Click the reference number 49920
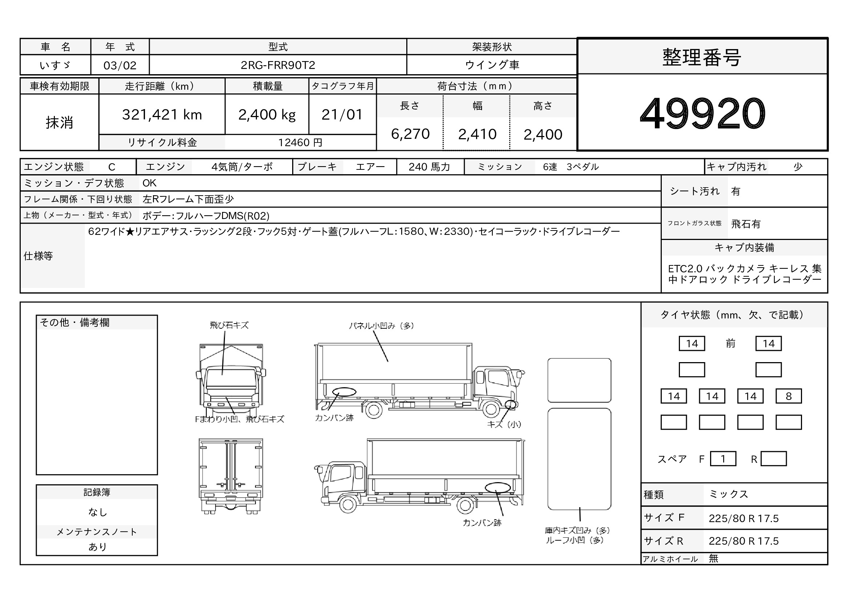(702, 113)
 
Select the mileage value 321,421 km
(162, 115)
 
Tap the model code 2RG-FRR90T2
(278, 65)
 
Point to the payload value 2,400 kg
(267, 115)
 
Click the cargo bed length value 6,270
(410, 134)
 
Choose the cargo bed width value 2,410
(477, 134)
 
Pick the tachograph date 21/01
(342, 115)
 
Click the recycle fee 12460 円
(300, 143)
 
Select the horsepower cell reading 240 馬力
(430, 167)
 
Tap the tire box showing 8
(789, 396)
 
